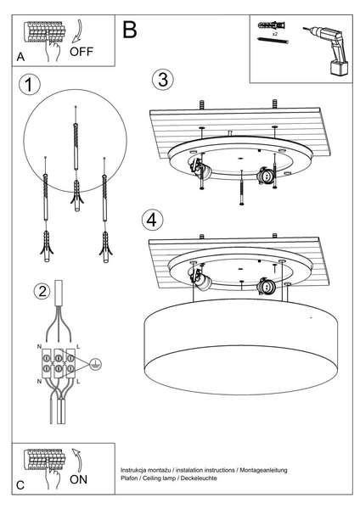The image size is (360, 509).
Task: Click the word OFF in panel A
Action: pos(82,51)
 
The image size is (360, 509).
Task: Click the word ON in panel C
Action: pos(78,478)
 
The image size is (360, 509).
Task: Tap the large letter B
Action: pos(129,31)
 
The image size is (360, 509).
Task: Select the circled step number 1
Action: pos(31,85)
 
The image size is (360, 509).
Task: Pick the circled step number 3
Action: pos(163,80)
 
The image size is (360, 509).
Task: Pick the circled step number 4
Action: pos(151,219)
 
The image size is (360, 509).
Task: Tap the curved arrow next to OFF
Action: pos(76,32)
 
